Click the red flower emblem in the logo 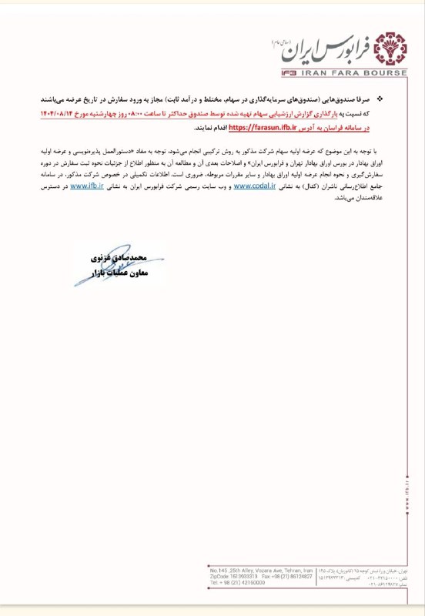(390, 51)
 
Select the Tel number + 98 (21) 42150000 (238, 583)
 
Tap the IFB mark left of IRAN (293, 74)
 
